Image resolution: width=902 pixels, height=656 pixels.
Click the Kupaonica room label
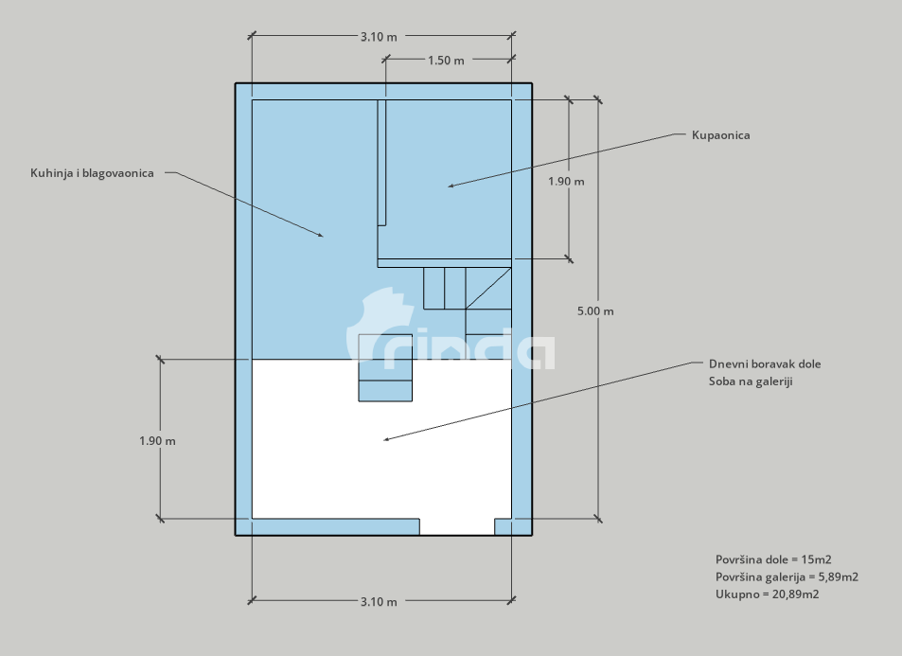(x=721, y=135)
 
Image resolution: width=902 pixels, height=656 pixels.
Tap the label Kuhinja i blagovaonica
(x=92, y=173)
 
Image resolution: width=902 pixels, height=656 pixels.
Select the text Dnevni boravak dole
(x=765, y=363)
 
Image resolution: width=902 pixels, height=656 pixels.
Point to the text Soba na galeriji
(x=751, y=381)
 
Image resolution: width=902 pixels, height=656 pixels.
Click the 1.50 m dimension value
(x=446, y=61)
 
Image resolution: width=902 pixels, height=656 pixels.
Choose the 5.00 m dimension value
(x=595, y=311)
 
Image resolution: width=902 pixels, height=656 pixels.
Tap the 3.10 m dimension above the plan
(x=379, y=37)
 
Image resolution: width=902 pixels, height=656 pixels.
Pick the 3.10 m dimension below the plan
(x=379, y=602)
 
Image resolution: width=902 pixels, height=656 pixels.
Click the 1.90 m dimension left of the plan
(x=157, y=441)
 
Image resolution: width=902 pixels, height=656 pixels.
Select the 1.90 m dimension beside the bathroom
(x=566, y=181)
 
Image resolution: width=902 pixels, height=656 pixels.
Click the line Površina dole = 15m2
(x=773, y=559)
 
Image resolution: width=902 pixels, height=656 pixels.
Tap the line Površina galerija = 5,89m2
(x=787, y=576)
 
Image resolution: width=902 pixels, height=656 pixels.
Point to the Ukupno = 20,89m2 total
(x=767, y=594)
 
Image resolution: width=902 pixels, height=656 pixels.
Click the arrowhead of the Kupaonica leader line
(x=451, y=186)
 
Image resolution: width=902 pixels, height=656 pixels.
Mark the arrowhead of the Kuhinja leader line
(x=321, y=235)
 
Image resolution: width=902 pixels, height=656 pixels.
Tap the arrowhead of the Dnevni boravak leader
(x=386, y=439)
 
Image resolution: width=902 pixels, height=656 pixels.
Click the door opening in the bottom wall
(x=457, y=526)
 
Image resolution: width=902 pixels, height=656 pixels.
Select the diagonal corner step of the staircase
(x=488, y=289)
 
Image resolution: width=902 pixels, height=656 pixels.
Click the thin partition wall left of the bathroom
(x=381, y=163)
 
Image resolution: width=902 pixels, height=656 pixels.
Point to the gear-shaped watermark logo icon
(x=380, y=325)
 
